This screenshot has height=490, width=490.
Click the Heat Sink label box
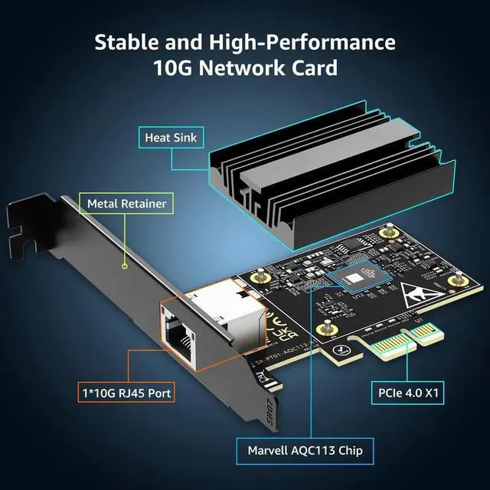tap(168, 139)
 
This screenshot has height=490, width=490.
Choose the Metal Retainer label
tap(126, 204)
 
